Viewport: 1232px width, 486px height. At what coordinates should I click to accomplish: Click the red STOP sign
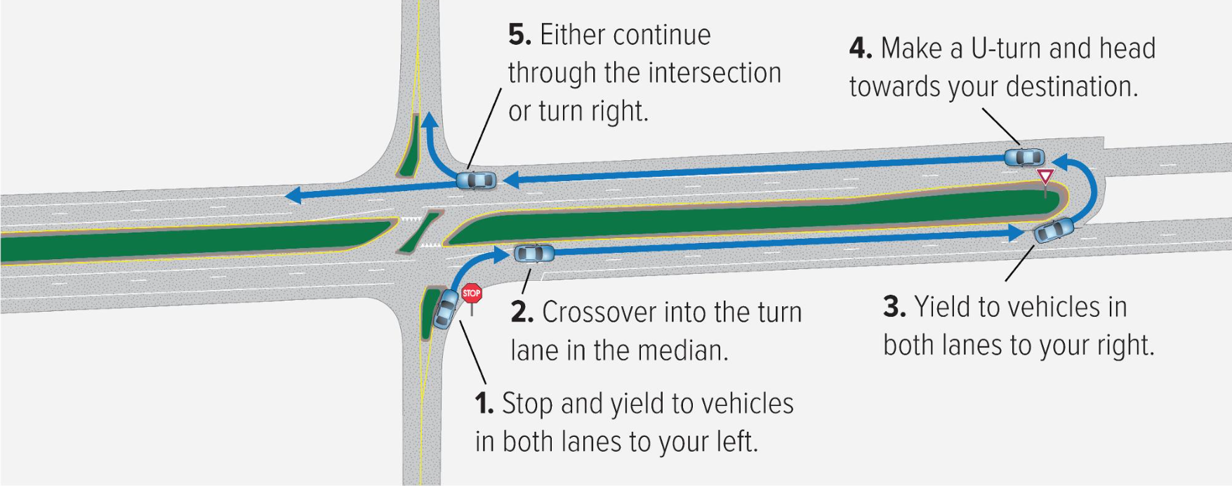[x=472, y=293]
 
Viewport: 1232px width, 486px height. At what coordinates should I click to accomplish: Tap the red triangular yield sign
[x=1045, y=176]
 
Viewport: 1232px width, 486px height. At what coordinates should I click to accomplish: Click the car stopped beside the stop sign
[x=446, y=309]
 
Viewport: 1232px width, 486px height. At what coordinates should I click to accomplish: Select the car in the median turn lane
[x=534, y=253]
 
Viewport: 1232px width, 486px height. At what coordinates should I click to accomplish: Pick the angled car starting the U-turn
[x=1054, y=230]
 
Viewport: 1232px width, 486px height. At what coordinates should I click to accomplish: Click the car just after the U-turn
[x=1024, y=157]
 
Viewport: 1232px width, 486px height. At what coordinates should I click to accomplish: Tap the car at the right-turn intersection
[x=476, y=180]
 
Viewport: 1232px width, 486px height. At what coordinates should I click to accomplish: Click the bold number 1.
[x=484, y=404]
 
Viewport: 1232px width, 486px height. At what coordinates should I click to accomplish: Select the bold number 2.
[x=522, y=313]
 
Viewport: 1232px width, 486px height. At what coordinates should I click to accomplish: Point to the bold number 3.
[x=894, y=307]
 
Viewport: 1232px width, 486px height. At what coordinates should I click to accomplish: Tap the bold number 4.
[x=861, y=48]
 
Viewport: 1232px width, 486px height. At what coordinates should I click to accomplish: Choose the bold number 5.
[x=520, y=35]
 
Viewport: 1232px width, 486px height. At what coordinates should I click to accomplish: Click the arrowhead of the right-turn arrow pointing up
[x=430, y=119]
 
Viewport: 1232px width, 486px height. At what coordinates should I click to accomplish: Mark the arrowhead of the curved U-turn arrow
[x=1061, y=162]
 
